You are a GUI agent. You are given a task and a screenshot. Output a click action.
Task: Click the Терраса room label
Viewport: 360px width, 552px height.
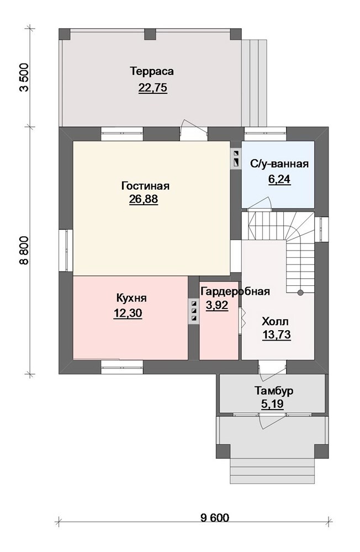(152, 71)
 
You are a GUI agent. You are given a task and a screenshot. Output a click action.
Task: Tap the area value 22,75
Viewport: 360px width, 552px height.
(152, 87)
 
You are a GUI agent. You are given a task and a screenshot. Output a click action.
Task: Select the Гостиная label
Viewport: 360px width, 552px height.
(145, 185)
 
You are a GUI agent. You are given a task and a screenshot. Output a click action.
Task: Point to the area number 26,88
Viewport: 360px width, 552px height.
(144, 199)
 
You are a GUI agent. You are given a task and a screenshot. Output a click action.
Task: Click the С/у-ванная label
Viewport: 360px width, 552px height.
(279, 164)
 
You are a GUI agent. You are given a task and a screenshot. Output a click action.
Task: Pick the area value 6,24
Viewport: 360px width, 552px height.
(279, 179)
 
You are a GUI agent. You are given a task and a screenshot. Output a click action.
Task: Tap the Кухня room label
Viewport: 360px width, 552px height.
(131, 298)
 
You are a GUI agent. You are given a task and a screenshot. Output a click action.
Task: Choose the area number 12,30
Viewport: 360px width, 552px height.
(128, 313)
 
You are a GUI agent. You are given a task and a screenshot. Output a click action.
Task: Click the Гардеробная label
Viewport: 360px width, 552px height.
(235, 291)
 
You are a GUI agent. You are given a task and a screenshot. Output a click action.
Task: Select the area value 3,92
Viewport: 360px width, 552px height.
(218, 305)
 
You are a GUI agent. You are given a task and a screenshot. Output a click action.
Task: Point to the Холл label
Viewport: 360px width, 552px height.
(275, 321)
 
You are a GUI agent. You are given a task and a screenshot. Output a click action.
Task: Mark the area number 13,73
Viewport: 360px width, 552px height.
(277, 335)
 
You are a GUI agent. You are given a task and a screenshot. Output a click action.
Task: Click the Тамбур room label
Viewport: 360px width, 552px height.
(274, 391)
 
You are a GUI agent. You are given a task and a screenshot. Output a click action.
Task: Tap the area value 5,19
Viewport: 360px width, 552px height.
(272, 404)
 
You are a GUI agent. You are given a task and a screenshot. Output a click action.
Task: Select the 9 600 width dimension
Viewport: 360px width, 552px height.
(215, 518)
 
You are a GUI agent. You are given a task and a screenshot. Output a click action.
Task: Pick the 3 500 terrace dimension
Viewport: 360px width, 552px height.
(24, 77)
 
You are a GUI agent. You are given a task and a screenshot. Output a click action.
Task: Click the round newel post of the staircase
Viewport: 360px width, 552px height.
(300, 293)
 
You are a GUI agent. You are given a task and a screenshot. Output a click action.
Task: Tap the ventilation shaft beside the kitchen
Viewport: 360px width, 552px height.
(194, 311)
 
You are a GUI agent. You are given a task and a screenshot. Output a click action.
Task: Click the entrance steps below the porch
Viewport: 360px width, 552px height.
(272, 471)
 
